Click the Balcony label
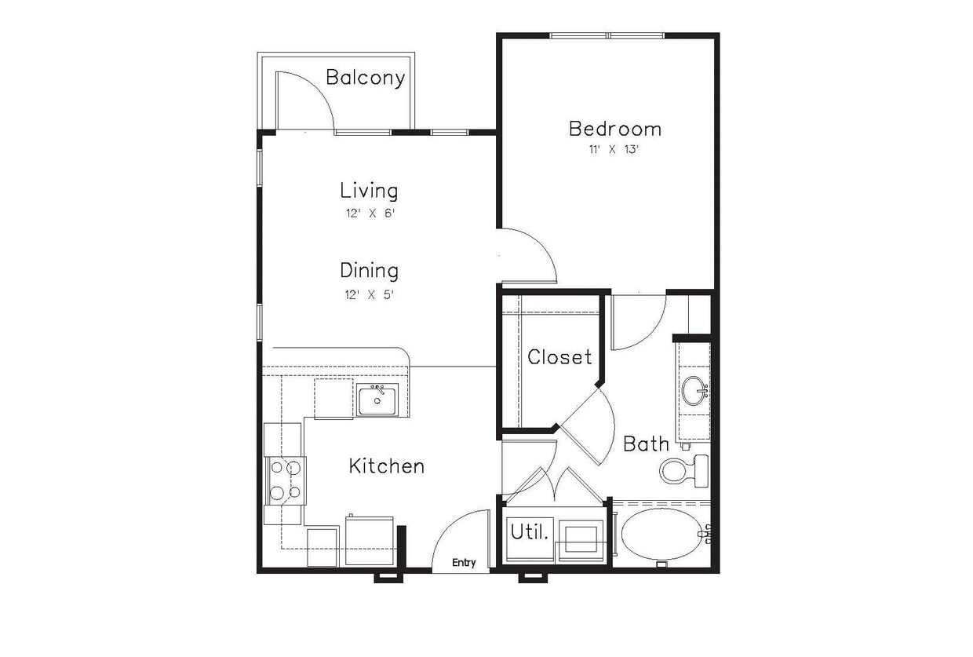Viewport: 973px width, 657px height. tap(365, 78)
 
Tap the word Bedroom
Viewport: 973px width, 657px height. tap(614, 129)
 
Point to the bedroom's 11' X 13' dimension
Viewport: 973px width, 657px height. tap(614, 149)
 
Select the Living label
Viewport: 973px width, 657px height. tap(369, 191)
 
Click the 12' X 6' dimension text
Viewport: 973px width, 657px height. tap(369, 213)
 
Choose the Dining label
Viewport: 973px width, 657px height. tap(369, 271)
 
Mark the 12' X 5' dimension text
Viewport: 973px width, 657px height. tap(369, 295)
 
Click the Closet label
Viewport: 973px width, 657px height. tap(559, 357)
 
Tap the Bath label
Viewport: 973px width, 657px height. tap(646, 444)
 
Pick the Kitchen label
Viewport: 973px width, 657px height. tap(386, 466)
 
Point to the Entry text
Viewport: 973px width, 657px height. tap(464, 562)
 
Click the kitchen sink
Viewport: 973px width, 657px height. tap(378, 400)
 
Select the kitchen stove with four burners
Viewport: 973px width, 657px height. tap(285, 480)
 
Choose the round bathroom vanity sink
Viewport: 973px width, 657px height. tap(694, 391)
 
